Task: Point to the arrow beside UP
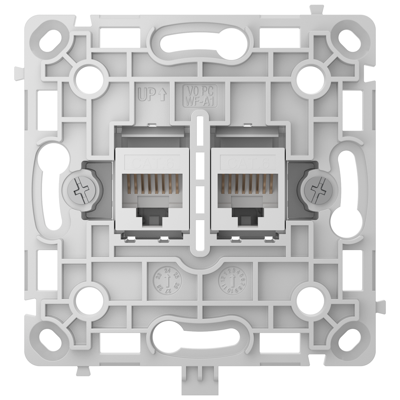click(x=162, y=95)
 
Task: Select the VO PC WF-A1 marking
click(x=200, y=95)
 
